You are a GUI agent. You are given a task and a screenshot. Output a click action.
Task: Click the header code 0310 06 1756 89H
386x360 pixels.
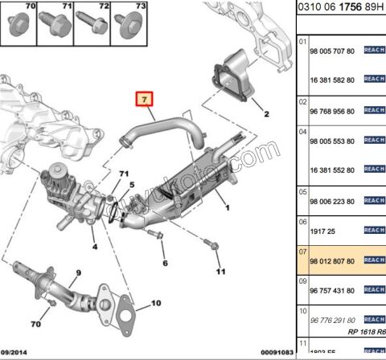341,10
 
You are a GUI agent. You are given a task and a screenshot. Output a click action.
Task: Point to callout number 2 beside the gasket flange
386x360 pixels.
266,115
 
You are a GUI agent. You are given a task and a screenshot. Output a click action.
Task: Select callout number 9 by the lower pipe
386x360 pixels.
78,273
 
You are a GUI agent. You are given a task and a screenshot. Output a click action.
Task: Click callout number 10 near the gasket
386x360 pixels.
155,303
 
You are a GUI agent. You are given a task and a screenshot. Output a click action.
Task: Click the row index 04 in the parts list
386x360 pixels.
303,130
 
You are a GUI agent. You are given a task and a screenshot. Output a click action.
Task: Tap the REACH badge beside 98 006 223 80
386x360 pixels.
375,201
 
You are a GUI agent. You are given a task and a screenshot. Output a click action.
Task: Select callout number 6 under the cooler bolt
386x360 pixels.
164,262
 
